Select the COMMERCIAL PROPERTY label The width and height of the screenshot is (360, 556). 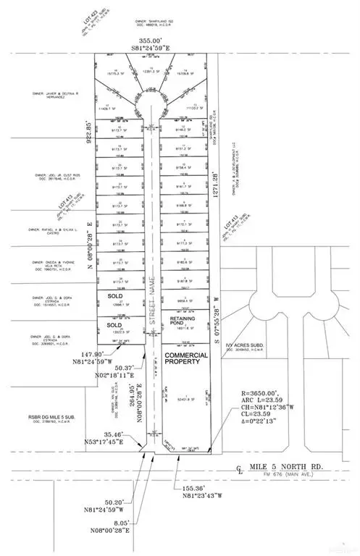[x=186, y=360]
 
